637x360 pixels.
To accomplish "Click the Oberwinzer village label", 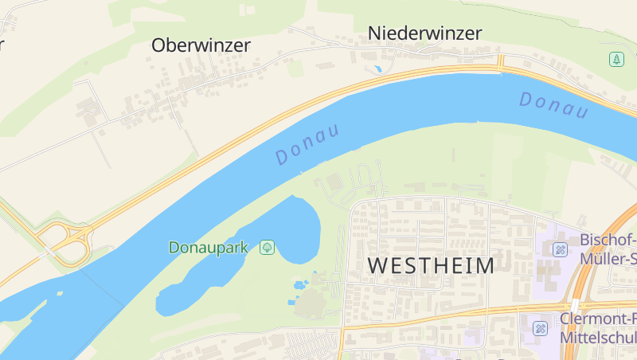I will click(x=201, y=45).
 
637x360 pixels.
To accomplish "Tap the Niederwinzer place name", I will click(x=424, y=33).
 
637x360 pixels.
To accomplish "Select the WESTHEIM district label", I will click(x=431, y=265).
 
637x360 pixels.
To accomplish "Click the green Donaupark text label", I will click(x=209, y=248).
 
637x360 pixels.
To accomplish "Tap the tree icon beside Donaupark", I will click(x=268, y=248).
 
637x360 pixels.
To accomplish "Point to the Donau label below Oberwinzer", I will click(x=307, y=144).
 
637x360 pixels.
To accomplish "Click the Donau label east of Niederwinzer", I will click(x=553, y=105).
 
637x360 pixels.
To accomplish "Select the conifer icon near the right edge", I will click(x=617, y=59).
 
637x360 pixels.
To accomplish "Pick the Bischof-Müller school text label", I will click(x=608, y=249).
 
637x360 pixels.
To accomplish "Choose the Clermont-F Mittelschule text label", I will click(x=598, y=328).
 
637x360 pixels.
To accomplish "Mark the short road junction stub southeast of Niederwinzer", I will click(x=501, y=62).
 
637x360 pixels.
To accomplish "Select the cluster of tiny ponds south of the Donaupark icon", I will click(x=301, y=284).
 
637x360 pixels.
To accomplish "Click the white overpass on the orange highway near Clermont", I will click(x=573, y=306).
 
